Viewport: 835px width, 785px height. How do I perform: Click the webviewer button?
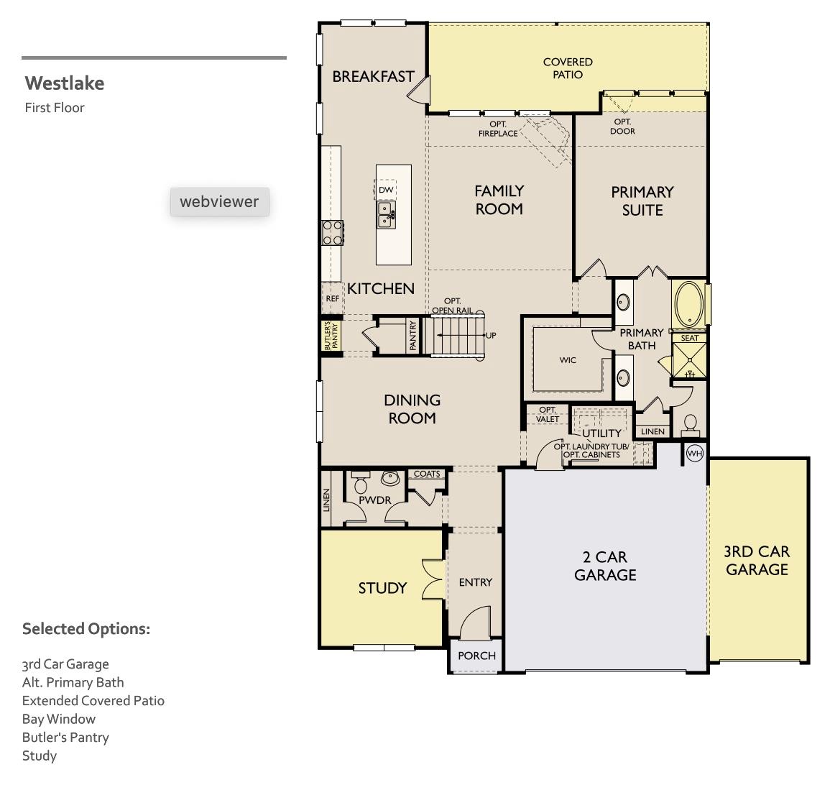click(219, 201)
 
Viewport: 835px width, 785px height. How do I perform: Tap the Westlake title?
click(65, 83)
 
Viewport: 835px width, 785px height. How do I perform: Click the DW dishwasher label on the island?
click(386, 190)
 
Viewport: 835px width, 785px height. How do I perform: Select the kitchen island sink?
click(386, 214)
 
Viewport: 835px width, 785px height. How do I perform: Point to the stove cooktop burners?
click(332, 232)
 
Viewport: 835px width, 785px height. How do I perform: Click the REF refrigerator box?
click(332, 298)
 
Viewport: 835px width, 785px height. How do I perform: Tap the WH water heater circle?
click(694, 454)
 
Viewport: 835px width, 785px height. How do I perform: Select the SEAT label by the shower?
click(689, 338)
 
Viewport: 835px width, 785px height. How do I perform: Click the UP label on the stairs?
click(491, 336)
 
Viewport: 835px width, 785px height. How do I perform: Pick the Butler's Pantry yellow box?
click(331, 335)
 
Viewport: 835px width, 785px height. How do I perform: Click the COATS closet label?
click(427, 474)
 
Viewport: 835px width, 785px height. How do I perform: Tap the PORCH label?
click(476, 656)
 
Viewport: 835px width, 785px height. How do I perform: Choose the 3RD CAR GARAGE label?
click(757, 561)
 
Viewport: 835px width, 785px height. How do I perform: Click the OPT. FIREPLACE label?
click(498, 129)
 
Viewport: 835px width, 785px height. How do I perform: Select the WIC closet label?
click(568, 360)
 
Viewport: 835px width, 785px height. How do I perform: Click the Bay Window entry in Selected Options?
click(59, 719)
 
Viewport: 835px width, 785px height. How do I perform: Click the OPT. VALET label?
click(548, 414)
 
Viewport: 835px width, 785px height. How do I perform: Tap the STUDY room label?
click(382, 588)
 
